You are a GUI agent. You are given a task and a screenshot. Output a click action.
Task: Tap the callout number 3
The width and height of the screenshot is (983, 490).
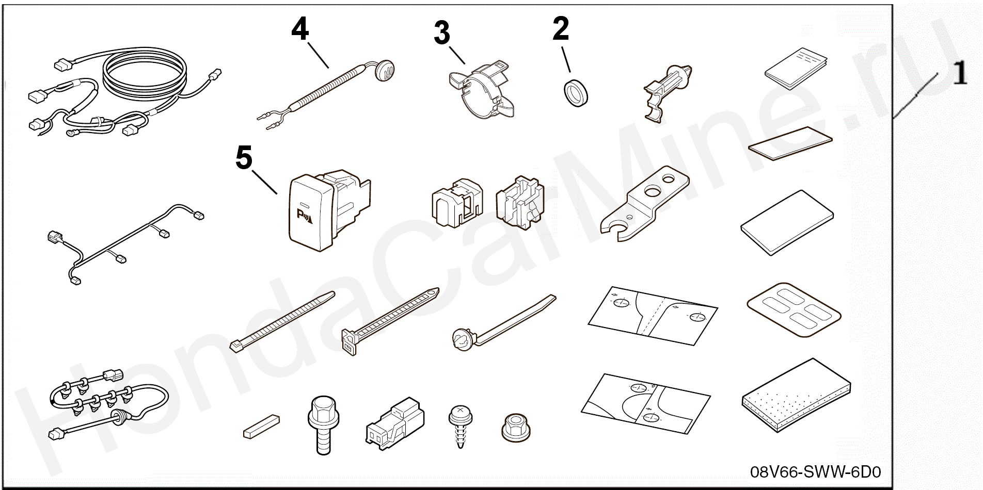pos(441,34)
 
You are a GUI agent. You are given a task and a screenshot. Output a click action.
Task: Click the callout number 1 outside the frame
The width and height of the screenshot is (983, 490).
pos(959,73)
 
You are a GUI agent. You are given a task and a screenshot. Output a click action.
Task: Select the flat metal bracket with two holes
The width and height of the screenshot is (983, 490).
pos(644,203)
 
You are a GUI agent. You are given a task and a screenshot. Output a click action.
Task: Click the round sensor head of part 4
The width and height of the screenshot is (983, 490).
pos(386,68)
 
